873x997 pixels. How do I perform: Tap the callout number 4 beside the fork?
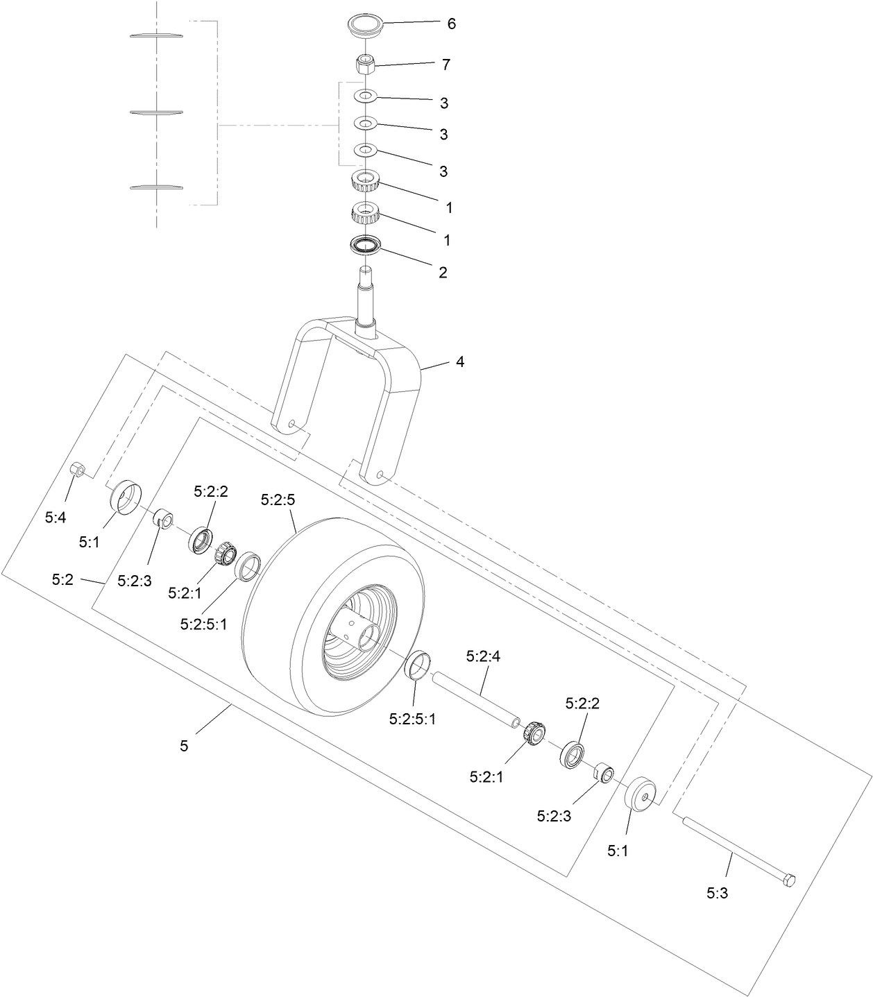coord(459,362)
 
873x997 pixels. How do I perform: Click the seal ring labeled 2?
coord(366,246)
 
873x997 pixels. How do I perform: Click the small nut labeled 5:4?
coord(78,470)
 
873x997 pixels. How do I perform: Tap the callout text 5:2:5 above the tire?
coord(277,499)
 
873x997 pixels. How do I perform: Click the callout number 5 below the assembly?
coord(184,746)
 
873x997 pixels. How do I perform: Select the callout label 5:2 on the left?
coord(62,579)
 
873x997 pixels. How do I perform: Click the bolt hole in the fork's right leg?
coord(380,475)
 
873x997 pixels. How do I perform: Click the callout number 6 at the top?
coord(451,24)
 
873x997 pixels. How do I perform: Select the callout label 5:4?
coord(56,517)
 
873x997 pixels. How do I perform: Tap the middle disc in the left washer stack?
coord(156,111)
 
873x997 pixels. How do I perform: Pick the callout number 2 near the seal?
coord(443,273)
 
